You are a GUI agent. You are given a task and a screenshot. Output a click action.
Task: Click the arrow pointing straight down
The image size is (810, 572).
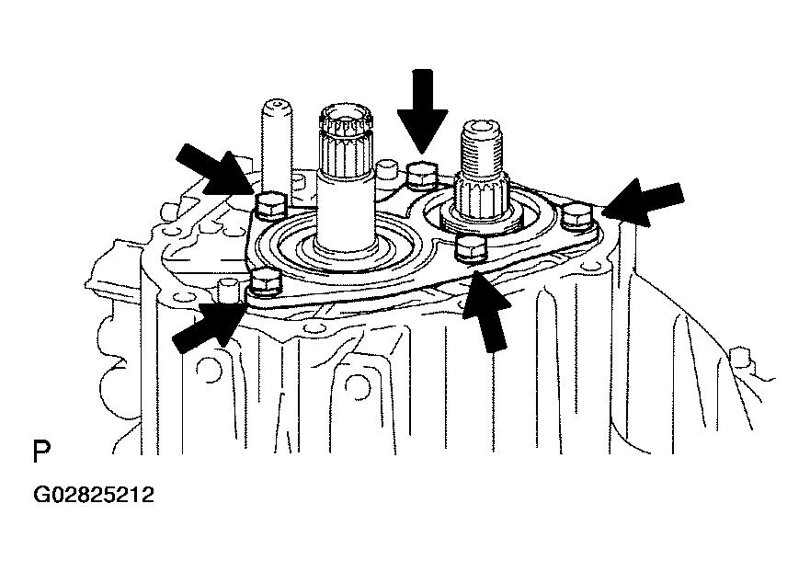coord(422,111)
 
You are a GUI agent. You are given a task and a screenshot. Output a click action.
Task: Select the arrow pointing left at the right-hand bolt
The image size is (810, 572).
coord(644,202)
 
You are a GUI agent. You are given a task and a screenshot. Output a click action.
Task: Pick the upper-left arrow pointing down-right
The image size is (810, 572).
coord(215,170)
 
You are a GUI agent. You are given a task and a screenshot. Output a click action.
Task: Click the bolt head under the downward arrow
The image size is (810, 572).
coord(422,176)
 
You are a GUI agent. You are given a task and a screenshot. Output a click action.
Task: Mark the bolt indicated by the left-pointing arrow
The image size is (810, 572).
coord(577,216)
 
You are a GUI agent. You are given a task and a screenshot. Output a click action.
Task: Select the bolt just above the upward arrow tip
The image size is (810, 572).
coord(471,246)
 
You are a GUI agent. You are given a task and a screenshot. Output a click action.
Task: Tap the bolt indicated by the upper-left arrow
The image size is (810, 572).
coord(270,205)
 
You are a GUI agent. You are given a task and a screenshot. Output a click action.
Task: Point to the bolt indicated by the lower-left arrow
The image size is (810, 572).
coord(266,284)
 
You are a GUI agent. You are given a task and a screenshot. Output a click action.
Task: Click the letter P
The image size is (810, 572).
coord(41,452)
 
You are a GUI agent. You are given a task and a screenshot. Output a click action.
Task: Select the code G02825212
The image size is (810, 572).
coord(94,495)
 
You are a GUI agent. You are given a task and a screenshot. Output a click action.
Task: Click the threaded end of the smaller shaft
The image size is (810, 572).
coord(482,150)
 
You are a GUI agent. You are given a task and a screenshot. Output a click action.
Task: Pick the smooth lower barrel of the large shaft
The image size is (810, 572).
coord(345,212)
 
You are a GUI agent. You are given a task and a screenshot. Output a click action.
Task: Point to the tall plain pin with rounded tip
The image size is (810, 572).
coord(277,147)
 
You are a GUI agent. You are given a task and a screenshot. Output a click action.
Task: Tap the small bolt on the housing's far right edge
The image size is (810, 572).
coord(739,358)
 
